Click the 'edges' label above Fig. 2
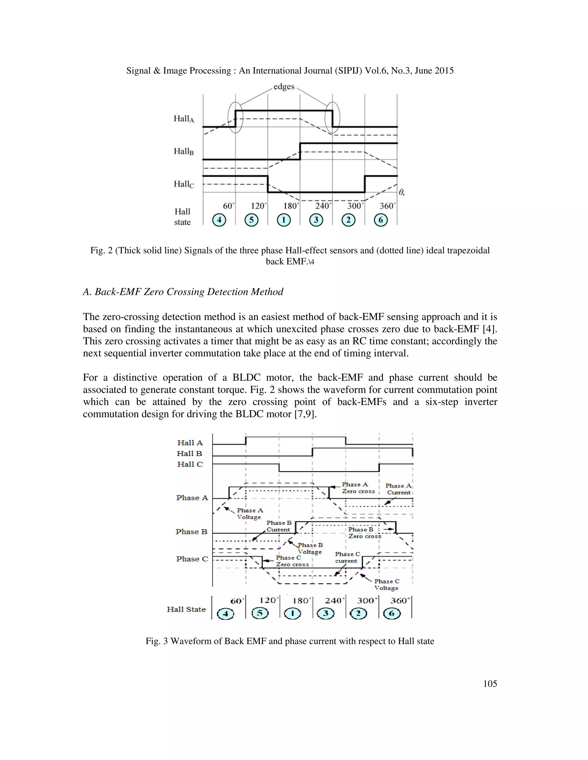pyautogui.click(x=284, y=86)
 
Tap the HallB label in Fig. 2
pyautogui.click(x=183, y=151)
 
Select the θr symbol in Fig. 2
pyautogui.click(x=402, y=192)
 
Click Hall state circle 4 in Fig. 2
pyautogui.click(x=219, y=220)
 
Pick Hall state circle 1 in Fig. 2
pyautogui.click(x=284, y=220)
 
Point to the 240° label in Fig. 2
pyautogui.click(x=323, y=206)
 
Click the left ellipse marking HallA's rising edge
pyautogui.click(x=235, y=117)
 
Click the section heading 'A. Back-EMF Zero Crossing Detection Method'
pyautogui.click(x=183, y=292)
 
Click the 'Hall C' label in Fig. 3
pyautogui.click(x=190, y=464)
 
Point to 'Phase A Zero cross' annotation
pyautogui.click(x=358, y=488)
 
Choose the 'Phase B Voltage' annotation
pyautogui.click(x=310, y=548)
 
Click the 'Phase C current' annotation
pyautogui.click(x=347, y=557)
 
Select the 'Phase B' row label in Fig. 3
pyautogui.click(x=191, y=532)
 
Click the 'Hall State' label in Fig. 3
pyautogui.click(x=186, y=609)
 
